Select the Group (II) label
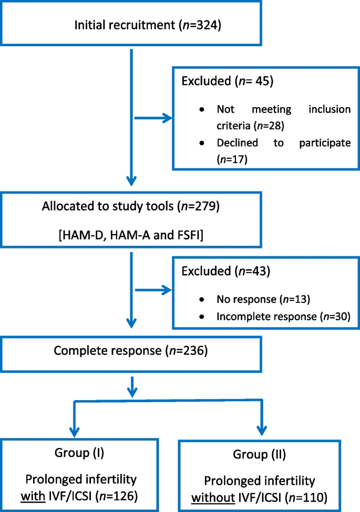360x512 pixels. click(269, 454)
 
